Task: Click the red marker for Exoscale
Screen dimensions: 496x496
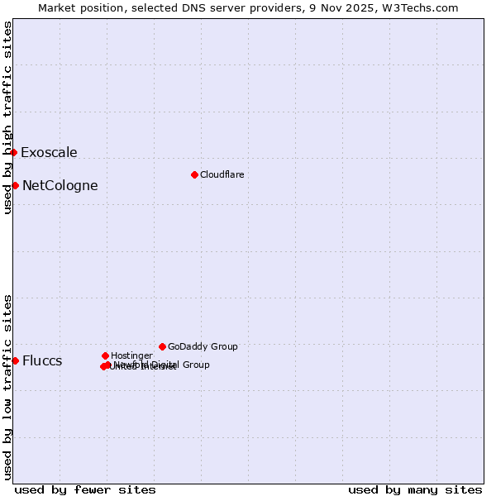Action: point(14,152)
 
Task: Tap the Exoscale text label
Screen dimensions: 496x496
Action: point(49,152)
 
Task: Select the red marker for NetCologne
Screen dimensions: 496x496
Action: point(15,185)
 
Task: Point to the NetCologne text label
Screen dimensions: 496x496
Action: point(60,185)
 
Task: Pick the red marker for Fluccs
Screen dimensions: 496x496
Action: point(15,360)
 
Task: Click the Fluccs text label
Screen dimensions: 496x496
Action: point(42,360)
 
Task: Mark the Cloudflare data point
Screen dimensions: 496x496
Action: point(194,174)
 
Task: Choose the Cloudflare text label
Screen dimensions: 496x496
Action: point(222,174)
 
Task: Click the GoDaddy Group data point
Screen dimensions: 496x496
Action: point(162,346)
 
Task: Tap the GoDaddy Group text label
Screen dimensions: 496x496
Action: point(203,346)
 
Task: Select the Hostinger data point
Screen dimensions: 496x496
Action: point(105,355)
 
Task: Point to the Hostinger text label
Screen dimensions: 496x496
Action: point(131,355)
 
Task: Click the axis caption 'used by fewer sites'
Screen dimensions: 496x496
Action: point(85,489)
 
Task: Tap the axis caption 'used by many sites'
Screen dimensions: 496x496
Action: point(415,489)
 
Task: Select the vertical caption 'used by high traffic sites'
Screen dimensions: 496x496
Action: point(7,117)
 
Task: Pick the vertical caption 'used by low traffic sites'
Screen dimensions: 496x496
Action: point(7,386)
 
